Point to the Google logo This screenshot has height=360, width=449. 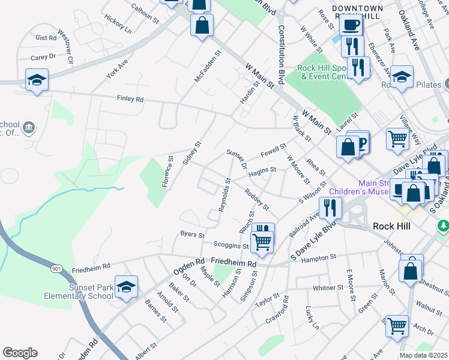(20, 353)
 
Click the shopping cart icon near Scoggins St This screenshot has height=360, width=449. (262, 241)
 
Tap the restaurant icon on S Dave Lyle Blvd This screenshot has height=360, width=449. (330, 207)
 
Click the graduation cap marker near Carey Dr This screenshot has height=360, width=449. (37, 79)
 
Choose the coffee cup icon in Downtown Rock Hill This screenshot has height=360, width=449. (350, 24)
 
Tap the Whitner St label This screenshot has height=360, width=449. (327, 288)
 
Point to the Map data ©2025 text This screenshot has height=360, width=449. (423, 355)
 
